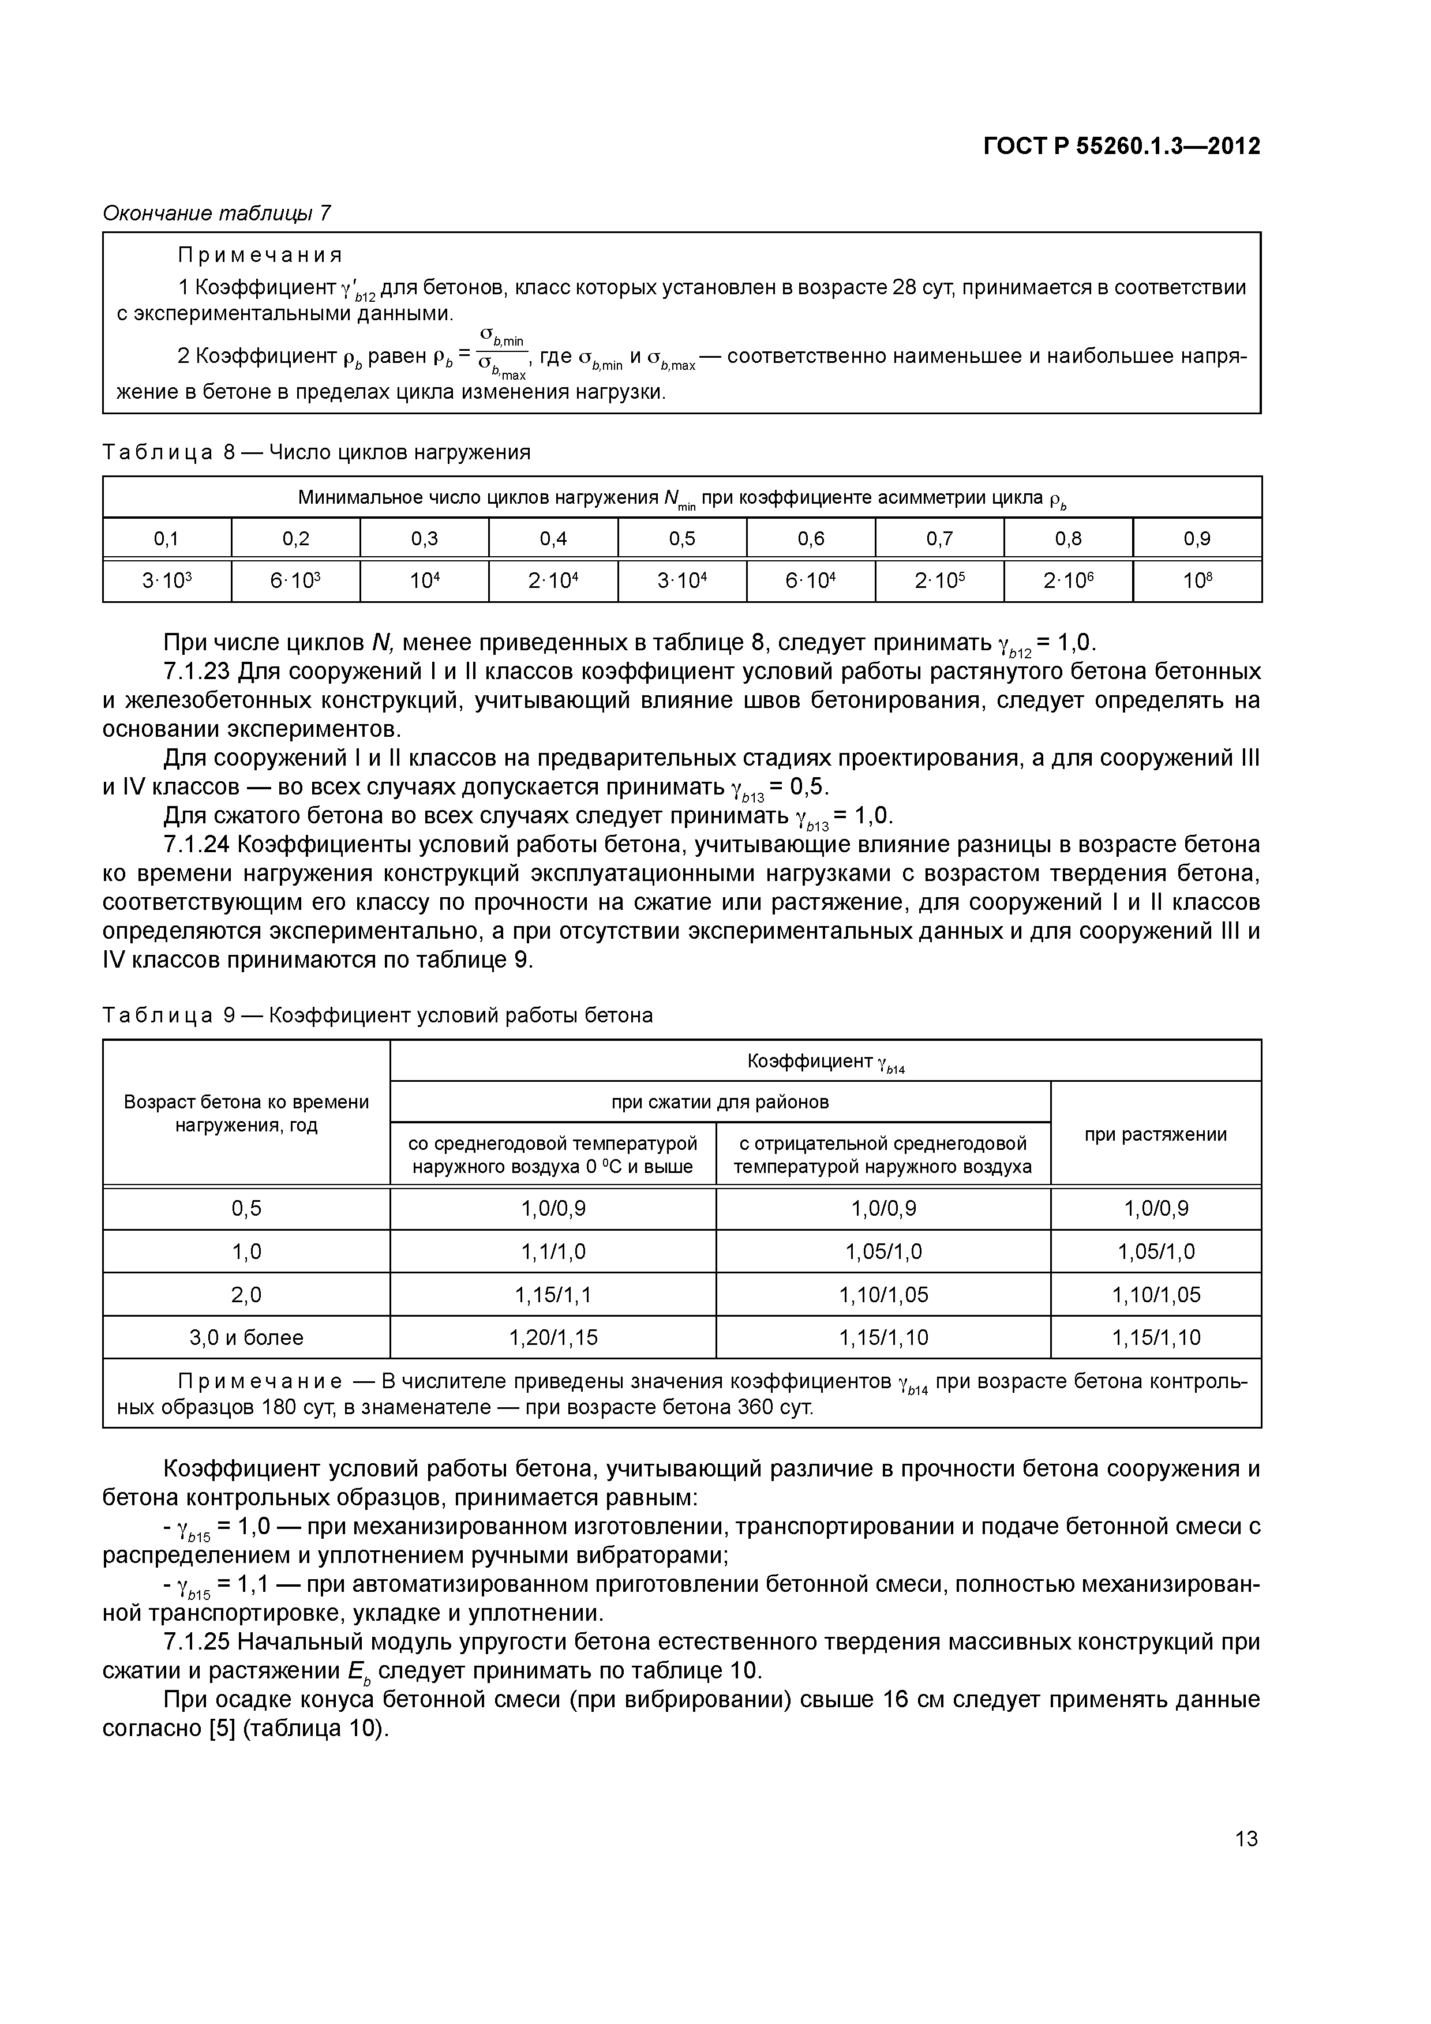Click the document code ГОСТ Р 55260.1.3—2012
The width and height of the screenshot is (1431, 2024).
1122,147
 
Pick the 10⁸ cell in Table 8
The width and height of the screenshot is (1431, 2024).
1197,581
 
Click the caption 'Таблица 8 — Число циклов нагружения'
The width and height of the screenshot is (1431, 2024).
317,452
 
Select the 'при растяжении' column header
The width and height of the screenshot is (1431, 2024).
1155,1134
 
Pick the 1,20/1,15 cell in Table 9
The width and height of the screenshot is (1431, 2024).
553,1337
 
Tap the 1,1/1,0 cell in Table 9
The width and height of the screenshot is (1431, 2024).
553,1252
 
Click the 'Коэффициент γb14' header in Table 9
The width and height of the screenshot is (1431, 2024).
825,1062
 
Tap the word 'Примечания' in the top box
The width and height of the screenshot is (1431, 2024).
260,256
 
